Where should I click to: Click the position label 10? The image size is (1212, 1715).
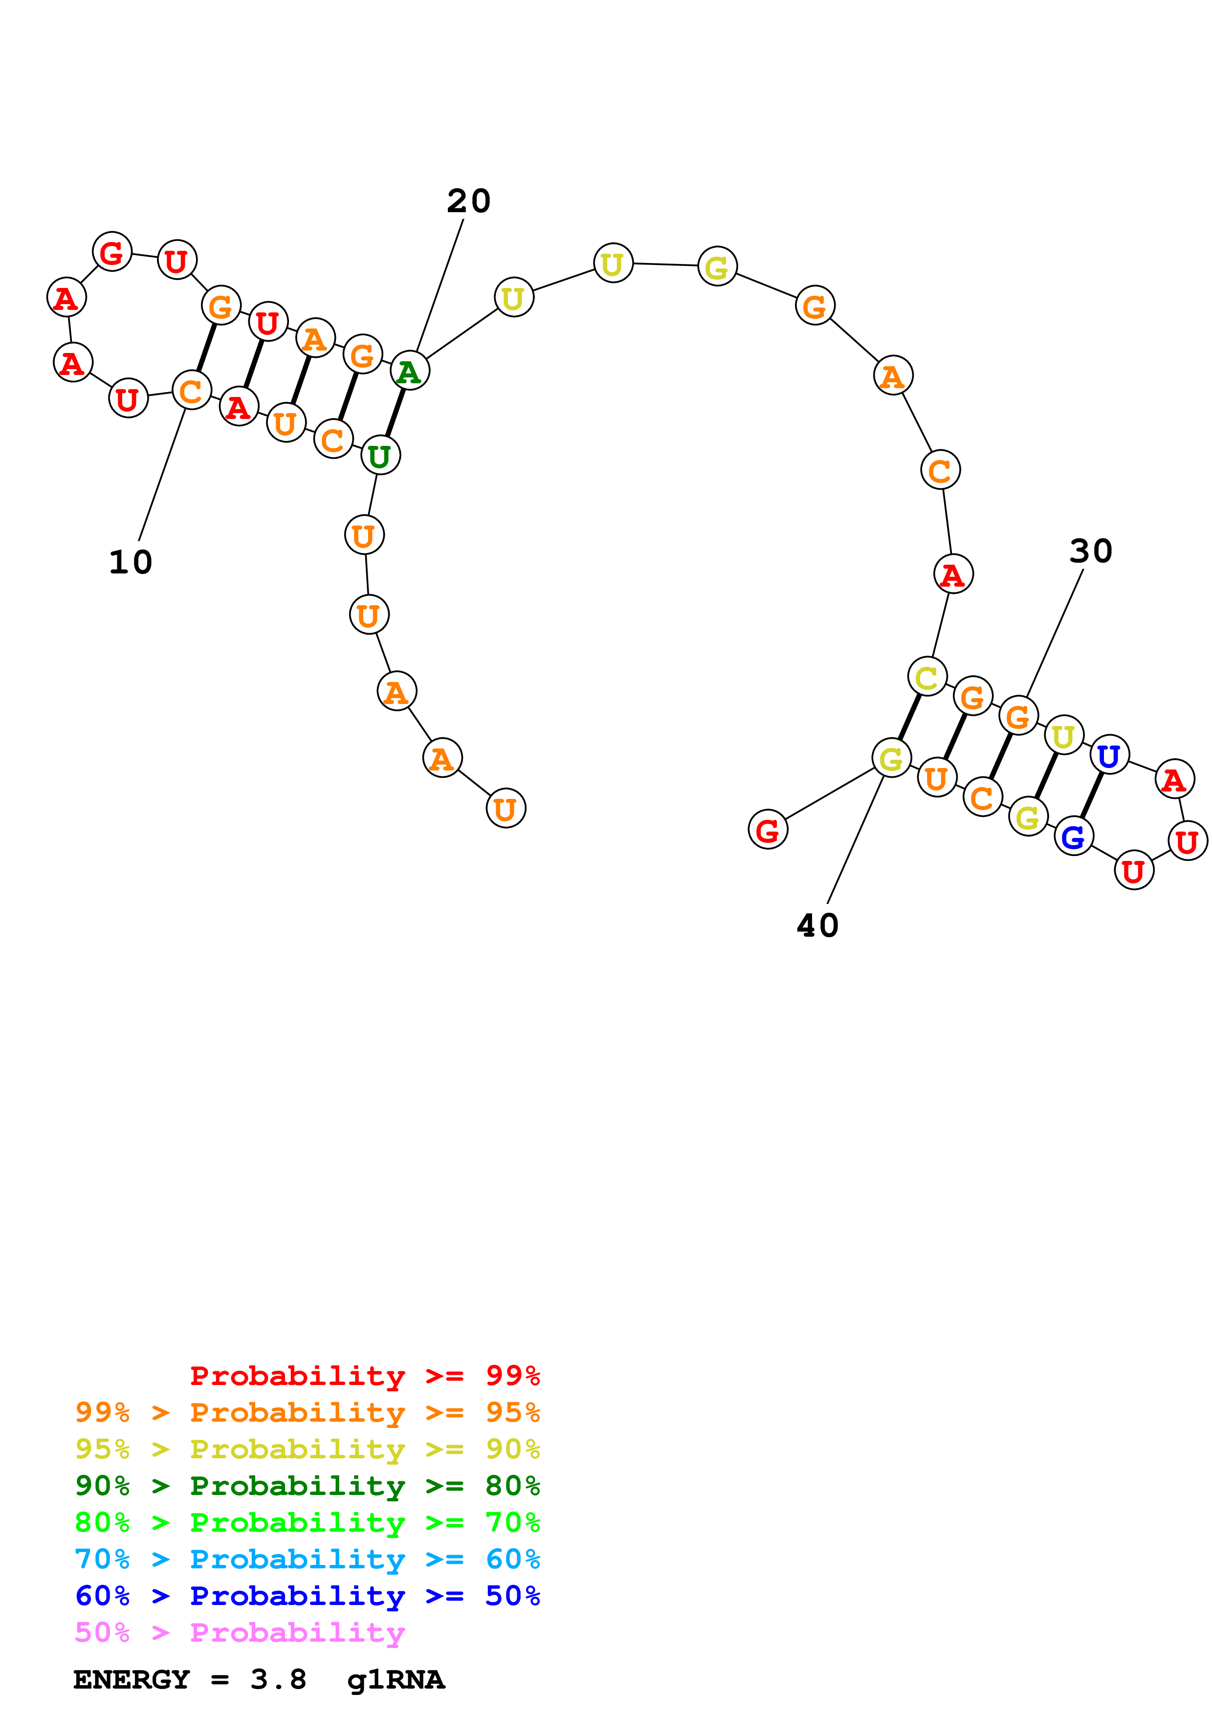131,562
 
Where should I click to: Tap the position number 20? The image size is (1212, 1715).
468,201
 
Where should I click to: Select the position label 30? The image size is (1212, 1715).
1090,551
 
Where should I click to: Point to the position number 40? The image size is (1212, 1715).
818,925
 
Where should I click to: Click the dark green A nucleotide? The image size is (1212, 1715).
409,371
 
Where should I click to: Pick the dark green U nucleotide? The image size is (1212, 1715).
380,456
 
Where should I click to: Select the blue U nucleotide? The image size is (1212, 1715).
1109,755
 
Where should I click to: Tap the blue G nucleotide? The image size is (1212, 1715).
1073,836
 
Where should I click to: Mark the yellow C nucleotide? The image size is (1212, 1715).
927,678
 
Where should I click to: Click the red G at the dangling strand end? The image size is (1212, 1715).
768,830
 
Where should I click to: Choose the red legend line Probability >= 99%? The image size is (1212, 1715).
364,1376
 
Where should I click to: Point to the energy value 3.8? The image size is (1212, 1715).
278,1680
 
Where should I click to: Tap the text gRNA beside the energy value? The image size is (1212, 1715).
396,1680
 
